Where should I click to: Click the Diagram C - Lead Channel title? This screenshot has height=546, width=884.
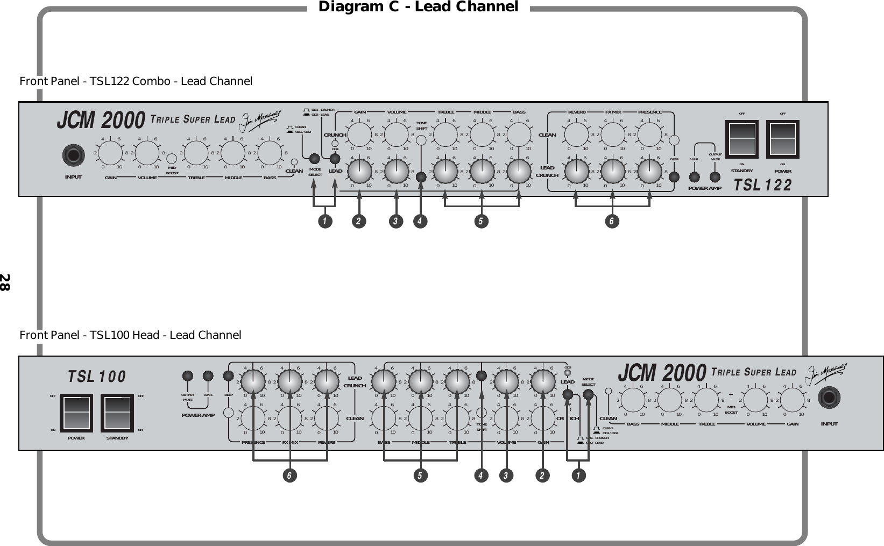click(418, 7)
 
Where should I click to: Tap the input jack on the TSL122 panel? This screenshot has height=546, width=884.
click(74, 156)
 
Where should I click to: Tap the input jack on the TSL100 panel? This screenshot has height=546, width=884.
click(829, 399)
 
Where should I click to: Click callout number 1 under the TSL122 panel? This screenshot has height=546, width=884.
click(324, 221)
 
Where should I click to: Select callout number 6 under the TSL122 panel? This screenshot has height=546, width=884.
click(612, 221)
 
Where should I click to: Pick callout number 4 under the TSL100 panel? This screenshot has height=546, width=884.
click(482, 476)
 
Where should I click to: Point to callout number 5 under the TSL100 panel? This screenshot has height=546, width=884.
click(420, 476)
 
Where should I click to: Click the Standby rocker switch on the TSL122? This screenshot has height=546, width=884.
click(741, 139)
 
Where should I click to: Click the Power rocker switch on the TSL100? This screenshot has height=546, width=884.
click(76, 413)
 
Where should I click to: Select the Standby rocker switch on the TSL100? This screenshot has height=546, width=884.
click(117, 413)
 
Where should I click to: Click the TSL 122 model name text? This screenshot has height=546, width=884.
click(763, 186)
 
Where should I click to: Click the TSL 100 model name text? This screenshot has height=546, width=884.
click(97, 377)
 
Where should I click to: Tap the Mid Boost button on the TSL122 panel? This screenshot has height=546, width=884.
click(172, 159)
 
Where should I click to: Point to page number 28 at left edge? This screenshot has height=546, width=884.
click(5, 282)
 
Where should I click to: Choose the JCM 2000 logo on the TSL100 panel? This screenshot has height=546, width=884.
click(662, 372)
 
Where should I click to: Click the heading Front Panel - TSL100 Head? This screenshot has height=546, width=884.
click(130, 335)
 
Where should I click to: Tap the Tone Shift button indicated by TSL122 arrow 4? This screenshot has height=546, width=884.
click(421, 177)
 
